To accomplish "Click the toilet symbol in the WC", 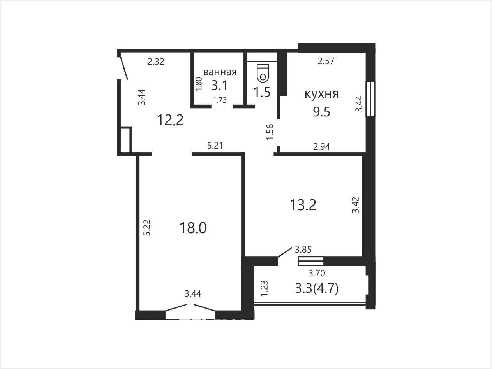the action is (263, 72).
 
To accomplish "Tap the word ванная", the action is (220, 72).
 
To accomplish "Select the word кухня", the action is (321, 94).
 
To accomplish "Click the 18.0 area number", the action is (193, 228).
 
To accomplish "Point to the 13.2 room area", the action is (303, 205).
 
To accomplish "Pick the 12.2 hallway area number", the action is (170, 120).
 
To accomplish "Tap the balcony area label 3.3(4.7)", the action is (317, 288).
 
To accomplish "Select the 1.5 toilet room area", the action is (262, 92).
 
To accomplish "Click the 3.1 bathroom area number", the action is (220, 86).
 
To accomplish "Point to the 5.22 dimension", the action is (147, 227).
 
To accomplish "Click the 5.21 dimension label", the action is (215, 146).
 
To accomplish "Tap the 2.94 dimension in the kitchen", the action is (322, 147).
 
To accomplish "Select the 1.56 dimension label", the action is (270, 132).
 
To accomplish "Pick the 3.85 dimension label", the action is (303, 250).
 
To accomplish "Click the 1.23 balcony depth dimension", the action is (265, 288).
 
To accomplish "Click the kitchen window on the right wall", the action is (370, 99).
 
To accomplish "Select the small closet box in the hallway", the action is (125, 140).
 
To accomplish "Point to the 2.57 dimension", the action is (326, 61).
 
